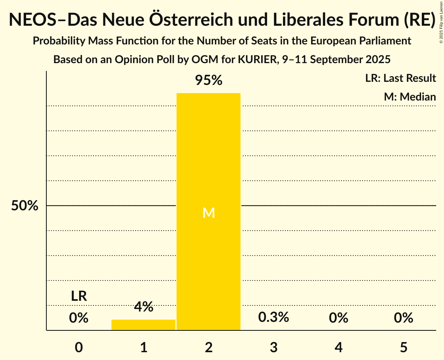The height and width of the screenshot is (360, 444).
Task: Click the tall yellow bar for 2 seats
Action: [209, 156]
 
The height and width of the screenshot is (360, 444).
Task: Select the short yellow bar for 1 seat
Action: [143, 325]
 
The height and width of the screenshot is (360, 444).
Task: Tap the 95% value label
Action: [209, 81]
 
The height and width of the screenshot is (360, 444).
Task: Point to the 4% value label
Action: [143, 307]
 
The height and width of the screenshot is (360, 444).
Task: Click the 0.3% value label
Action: [274, 317]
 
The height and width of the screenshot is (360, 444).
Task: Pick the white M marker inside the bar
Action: [209, 213]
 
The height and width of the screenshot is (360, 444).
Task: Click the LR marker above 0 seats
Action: [79, 296]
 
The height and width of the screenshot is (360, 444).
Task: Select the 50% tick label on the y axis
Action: [25, 206]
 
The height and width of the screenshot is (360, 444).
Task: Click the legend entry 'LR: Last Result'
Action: [401, 78]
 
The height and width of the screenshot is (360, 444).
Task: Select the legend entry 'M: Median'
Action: [410, 97]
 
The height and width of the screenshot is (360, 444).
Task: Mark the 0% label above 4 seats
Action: [338, 318]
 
